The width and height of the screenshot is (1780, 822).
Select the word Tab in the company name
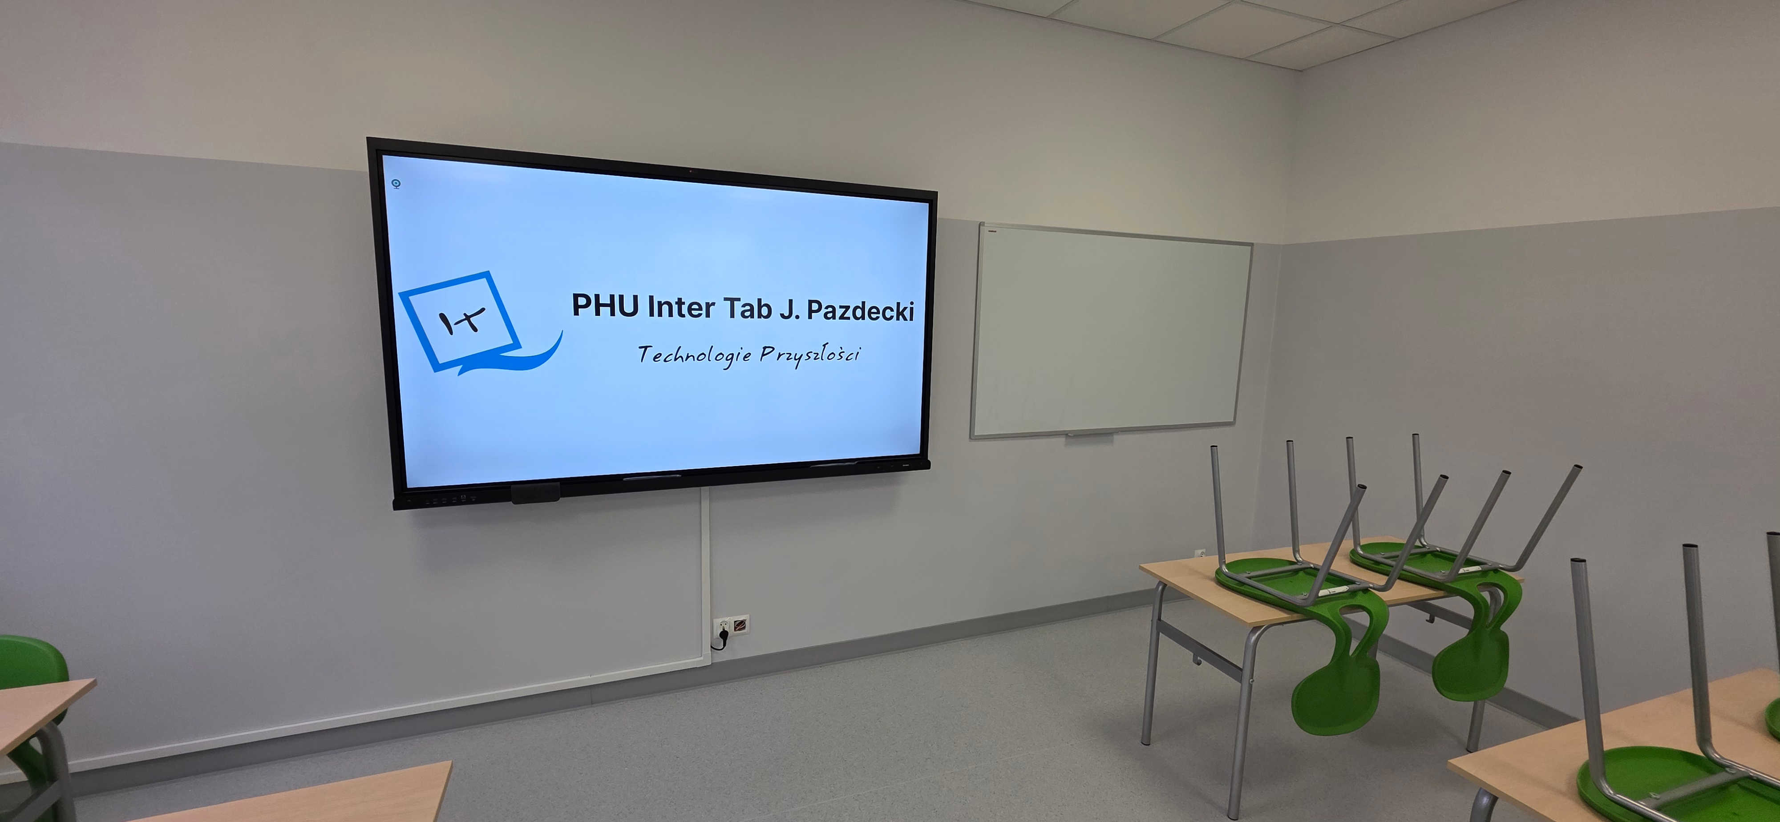click(747, 309)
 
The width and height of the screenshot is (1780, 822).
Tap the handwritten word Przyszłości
click(810, 355)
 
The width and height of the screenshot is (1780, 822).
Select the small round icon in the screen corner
click(396, 184)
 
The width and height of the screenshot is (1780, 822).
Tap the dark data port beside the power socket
click(740, 625)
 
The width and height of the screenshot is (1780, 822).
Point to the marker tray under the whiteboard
click(1090, 435)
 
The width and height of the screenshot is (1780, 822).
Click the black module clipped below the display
click(535, 492)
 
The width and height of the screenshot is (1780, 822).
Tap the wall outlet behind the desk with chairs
click(1200, 554)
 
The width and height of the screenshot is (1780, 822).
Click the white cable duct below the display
click(705, 573)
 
